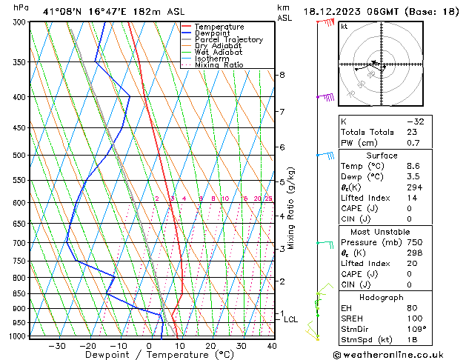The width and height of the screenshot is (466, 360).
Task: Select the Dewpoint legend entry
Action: pyautogui.click(x=216, y=33)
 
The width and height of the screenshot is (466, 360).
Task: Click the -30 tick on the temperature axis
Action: pyautogui.click(x=57, y=346)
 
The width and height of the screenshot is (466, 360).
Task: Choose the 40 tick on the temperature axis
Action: pyautogui.click(x=272, y=346)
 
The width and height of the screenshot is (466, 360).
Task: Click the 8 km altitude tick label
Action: pyautogui.click(x=282, y=75)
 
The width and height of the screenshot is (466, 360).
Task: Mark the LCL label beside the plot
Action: pyautogui.click(x=291, y=320)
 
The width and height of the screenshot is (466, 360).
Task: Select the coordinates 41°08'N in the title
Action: pyautogui.click(x=61, y=12)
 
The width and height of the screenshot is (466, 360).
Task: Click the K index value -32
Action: pyautogui.click(x=416, y=121)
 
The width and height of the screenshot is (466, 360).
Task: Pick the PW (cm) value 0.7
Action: pyautogui.click(x=413, y=142)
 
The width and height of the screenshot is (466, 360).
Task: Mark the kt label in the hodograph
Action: pyautogui.click(x=344, y=27)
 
